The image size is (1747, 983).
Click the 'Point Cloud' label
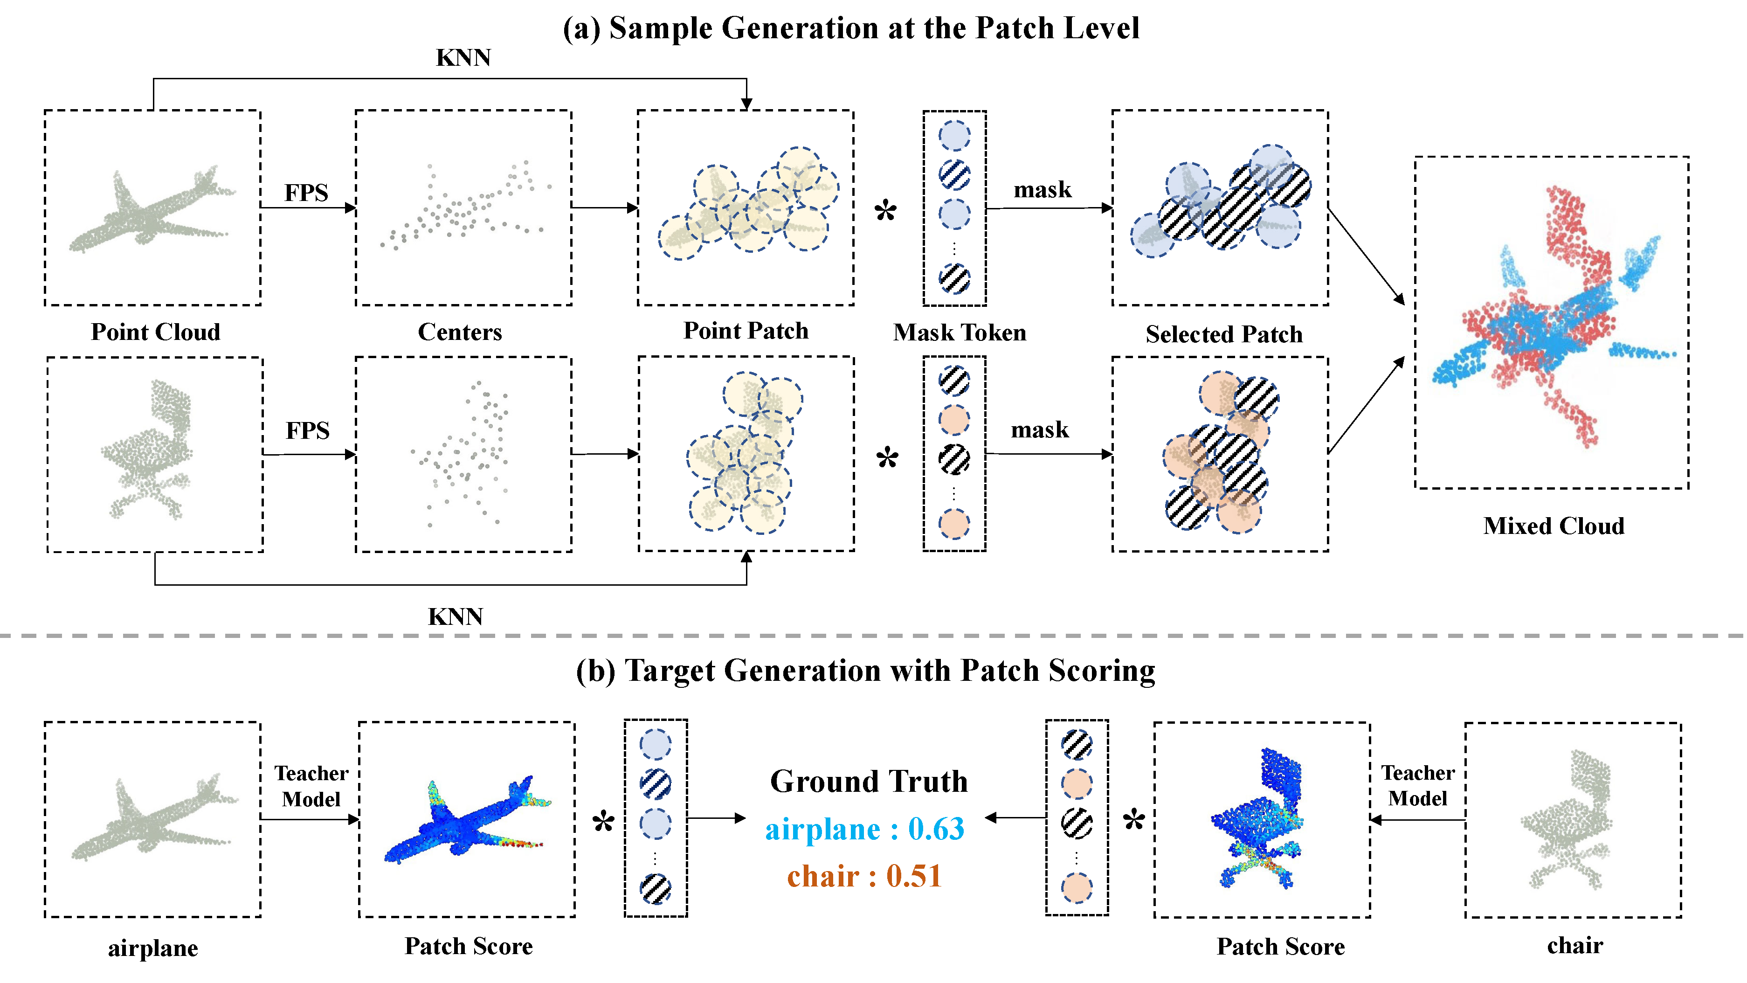coord(155,332)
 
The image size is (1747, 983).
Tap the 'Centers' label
coord(460,332)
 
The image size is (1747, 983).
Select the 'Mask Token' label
coord(959,332)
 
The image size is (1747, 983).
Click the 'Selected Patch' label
coord(1223,334)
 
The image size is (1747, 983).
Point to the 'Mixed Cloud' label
coord(1553,526)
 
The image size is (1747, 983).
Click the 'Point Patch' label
coord(746,330)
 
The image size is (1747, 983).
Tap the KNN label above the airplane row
coord(463,58)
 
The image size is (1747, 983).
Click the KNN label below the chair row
coord(455,616)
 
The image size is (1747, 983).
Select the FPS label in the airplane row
coord(306,193)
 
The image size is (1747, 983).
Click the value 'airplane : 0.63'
coord(865,829)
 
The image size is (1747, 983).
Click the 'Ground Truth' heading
coord(868,782)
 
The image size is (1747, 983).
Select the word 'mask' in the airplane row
coord(1043,190)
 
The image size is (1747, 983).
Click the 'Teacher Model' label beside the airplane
coord(311,786)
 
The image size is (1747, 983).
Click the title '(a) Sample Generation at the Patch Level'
coord(850,28)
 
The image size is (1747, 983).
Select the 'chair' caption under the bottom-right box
coord(1575,946)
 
